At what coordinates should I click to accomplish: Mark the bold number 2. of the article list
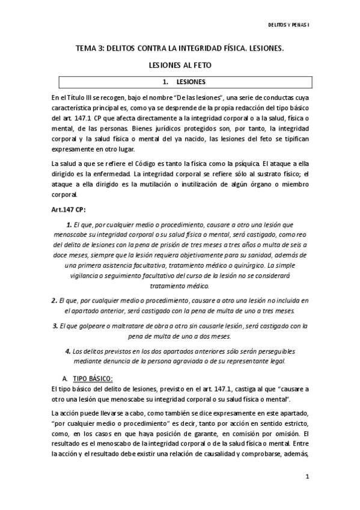[x=54, y=300]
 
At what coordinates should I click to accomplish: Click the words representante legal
[x=259, y=361]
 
